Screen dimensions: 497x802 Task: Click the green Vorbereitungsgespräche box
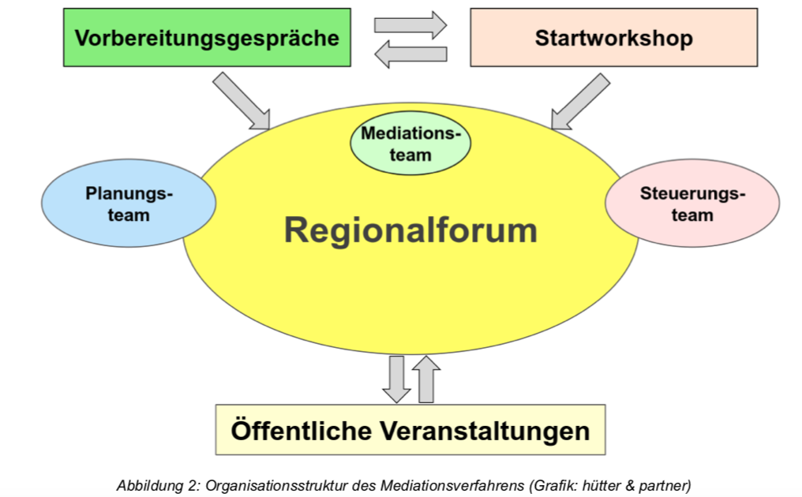pos(207,37)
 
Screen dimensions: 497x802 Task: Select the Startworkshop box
pos(613,37)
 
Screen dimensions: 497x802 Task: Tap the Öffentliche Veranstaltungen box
pos(410,430)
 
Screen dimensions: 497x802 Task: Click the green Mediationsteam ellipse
pos(410,144)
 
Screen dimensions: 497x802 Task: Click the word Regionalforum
pos(410,230)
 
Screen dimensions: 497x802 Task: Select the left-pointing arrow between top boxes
pos(410,54)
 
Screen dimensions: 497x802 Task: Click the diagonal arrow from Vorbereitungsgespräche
pos(241,100)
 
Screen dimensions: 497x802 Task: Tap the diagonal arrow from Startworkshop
pos(580,101)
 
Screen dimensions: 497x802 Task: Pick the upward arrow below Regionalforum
pos(425,378)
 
